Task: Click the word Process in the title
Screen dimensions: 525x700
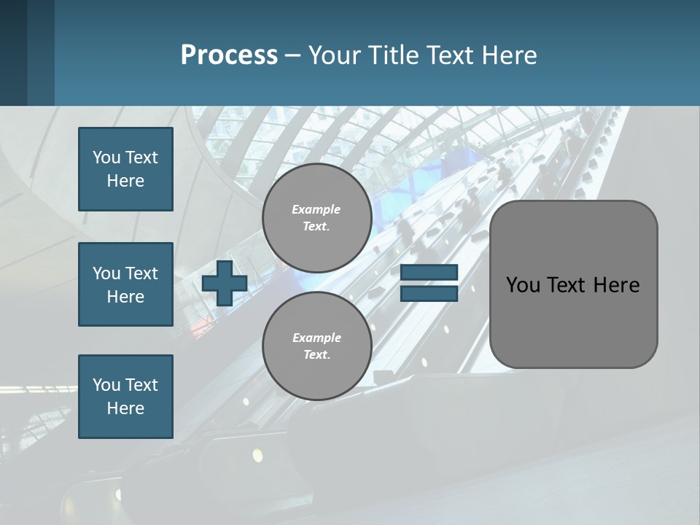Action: [229, 55]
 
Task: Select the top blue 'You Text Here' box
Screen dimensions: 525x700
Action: [125, 169]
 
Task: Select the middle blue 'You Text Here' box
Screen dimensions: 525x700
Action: [125, 284]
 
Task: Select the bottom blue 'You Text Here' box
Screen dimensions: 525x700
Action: [125, 397]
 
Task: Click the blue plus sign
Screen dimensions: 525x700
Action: [225, 283]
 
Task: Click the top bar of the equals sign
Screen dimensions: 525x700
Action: [429, 273]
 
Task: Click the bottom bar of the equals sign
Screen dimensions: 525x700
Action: [429, 294]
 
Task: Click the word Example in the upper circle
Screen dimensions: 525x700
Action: [316, 209]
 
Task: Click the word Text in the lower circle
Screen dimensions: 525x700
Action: [316, 355]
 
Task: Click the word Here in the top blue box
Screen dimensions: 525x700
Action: [125, 181]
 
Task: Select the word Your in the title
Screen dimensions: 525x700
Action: [334, 55]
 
